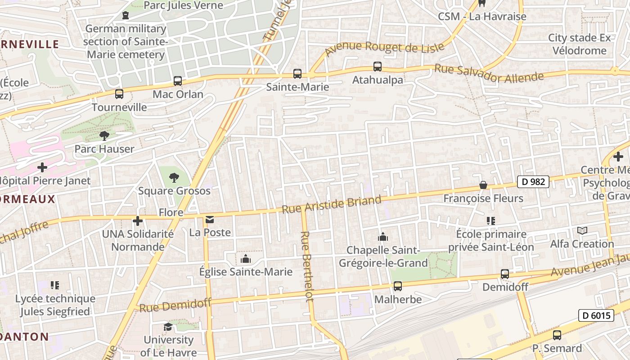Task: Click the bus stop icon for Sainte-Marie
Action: (297, 74)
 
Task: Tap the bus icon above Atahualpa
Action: (378, 67)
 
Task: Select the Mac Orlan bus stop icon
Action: (178, 81)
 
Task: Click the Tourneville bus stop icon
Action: (119, 94)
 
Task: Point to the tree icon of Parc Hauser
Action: (104, 135)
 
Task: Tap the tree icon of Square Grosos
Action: (174, 177)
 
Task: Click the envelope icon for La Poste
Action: (210, 220)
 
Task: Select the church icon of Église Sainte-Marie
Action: (246, 259)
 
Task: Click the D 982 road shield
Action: (533, 182)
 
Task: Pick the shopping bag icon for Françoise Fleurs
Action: (483, 185)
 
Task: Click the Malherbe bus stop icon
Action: (398, 286)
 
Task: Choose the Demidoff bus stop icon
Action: (505, 274)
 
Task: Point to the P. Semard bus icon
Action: (557, 335)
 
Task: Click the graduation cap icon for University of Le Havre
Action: (168, 327)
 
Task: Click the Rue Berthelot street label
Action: (307, 266)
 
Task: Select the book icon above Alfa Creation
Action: (582, 231)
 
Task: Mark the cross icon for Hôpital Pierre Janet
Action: (42, 168)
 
